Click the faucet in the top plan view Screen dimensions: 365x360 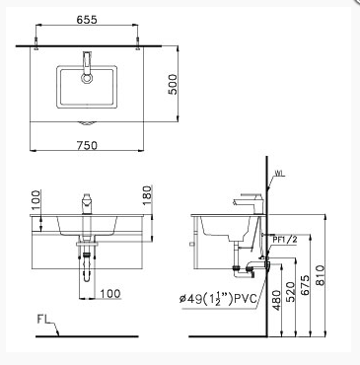pos(89,64)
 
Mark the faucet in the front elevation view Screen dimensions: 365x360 pos(88,204)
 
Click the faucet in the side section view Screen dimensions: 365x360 pos(247,202)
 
